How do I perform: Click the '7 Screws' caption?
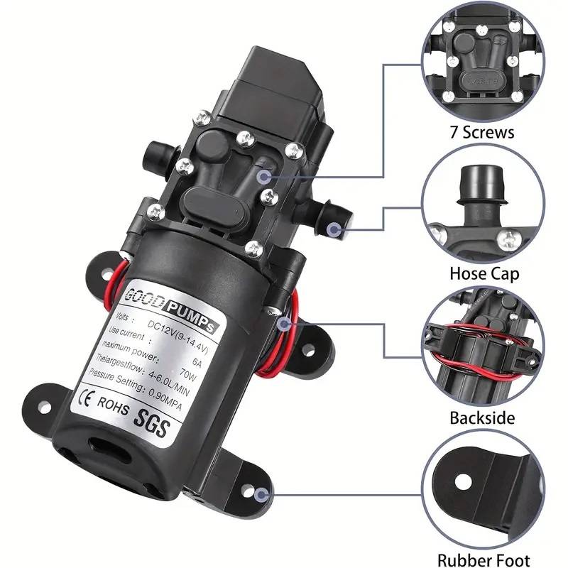click(482, 132)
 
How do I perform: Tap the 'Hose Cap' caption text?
click(484, 273)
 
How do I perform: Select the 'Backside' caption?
click(482, 417)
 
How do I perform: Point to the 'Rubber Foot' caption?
click(484, 560)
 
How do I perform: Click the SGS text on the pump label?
click(152, 423)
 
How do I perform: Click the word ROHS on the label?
click(113, 405)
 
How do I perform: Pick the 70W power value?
click(188, 374)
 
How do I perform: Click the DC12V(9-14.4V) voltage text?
click(178, 337)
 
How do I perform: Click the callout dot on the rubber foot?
click(261, 495)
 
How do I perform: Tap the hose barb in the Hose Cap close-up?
click(481, 188)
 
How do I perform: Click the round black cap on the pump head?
click(212, 146)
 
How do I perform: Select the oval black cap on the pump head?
click(214, 207)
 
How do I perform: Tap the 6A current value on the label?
click(197, 362)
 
